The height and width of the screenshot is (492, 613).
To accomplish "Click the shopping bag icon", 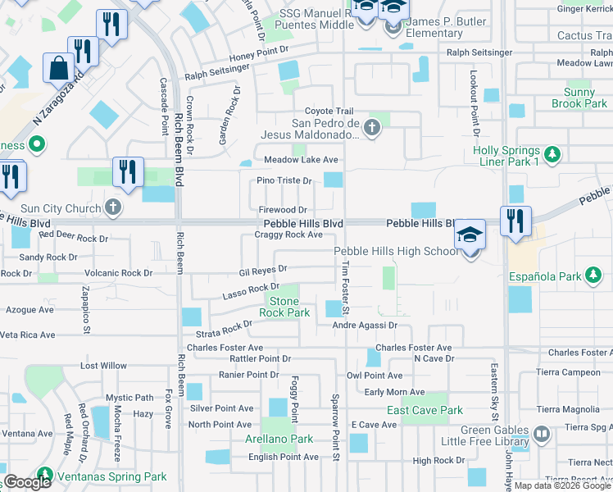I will click(x=61, y=69).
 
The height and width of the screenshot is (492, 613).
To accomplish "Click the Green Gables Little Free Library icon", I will click(x=541, y=433).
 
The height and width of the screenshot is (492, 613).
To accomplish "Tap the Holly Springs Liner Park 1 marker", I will click(x=553, y=153).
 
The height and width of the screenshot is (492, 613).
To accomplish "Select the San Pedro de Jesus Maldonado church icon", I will click(x=372, y=127).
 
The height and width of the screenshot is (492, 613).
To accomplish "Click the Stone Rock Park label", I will click(x=284, y=307).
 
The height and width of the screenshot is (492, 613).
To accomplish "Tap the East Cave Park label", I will click(x=425, y=410).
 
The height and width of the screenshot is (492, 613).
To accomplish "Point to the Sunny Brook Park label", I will click(x=579, y=98).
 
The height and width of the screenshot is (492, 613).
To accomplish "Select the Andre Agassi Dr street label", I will click(x=365, y=326).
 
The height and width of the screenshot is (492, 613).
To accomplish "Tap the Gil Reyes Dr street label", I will click(x=262, y=269).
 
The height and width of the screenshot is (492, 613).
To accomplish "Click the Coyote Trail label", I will click(x=329, y=112).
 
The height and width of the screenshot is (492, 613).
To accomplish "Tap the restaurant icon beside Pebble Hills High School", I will click(x=515, y=222).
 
